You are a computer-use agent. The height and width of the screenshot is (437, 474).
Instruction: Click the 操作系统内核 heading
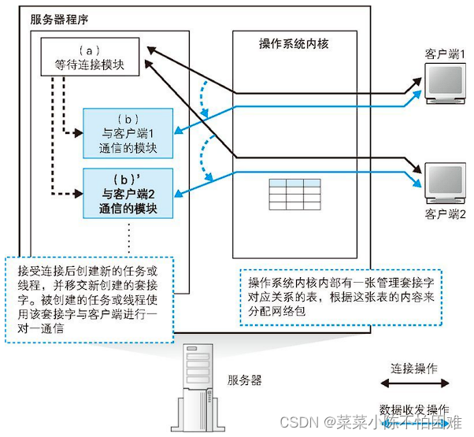pyautogui.click(x=293, y=44)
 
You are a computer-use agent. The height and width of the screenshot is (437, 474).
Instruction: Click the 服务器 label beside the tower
pyautogui.click(x=246, y=380)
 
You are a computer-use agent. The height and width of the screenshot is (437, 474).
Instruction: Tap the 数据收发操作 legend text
pyautogui.click(x=415, y=409)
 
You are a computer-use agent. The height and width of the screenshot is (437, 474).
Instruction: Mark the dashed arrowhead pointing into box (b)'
pyautogui.click(x=80, y=192)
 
